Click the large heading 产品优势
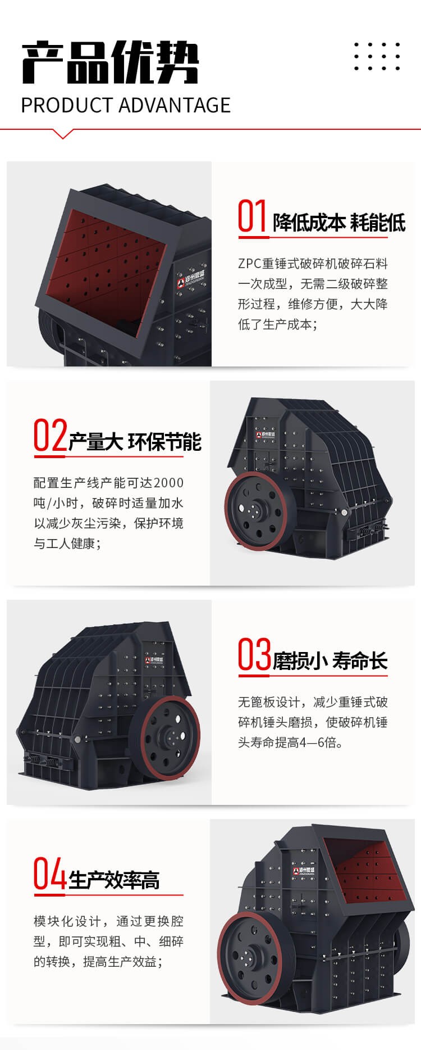click(110, 62)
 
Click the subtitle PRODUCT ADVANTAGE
click(126, 105)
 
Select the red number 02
click(50, 435)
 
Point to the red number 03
click(254, 654)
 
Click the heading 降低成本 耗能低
click(339, 223)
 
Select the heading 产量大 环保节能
click(135, 442)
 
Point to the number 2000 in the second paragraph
click(168, 483)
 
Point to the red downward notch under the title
click(63, 133)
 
